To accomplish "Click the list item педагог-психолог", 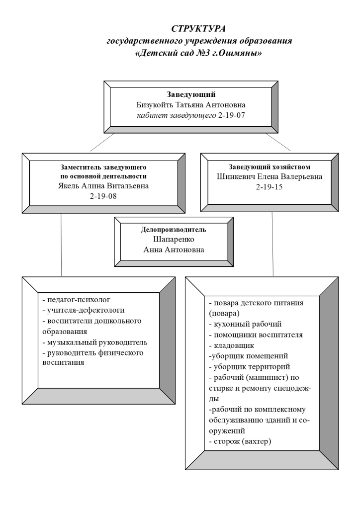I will coord(77,300).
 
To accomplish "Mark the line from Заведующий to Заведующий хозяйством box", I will coord(280,142).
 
